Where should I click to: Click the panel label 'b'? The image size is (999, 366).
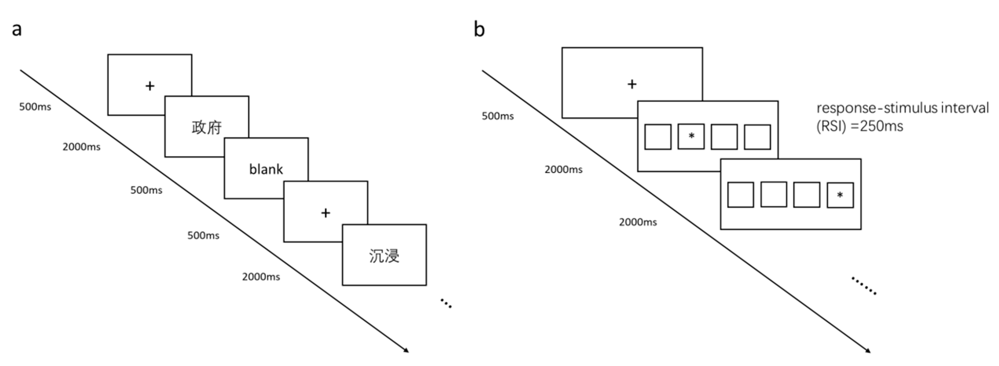click(479, 29)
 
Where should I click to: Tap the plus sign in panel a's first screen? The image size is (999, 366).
click(150, 86)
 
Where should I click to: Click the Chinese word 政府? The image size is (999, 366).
click(207, 127)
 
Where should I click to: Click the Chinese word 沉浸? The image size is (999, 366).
click(384, 256)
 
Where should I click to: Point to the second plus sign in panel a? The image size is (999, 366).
click(325, 213)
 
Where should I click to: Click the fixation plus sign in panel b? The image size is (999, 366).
click(632, 84)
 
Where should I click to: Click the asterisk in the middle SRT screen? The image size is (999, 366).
click(691, 136)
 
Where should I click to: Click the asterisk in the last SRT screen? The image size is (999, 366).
click(840, 195)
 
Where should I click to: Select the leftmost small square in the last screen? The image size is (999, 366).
click(740, 195)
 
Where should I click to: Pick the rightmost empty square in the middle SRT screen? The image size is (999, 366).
click(757, 137)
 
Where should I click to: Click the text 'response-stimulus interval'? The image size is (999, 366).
click(902, 108)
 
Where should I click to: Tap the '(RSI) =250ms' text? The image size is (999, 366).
click(859, 126)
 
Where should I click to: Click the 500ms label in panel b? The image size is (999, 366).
click(498, 116)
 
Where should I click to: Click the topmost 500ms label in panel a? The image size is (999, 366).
click(35, 107)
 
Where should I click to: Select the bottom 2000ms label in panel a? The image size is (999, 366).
click(261, 277)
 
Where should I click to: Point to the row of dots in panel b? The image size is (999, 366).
click(864, 286)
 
